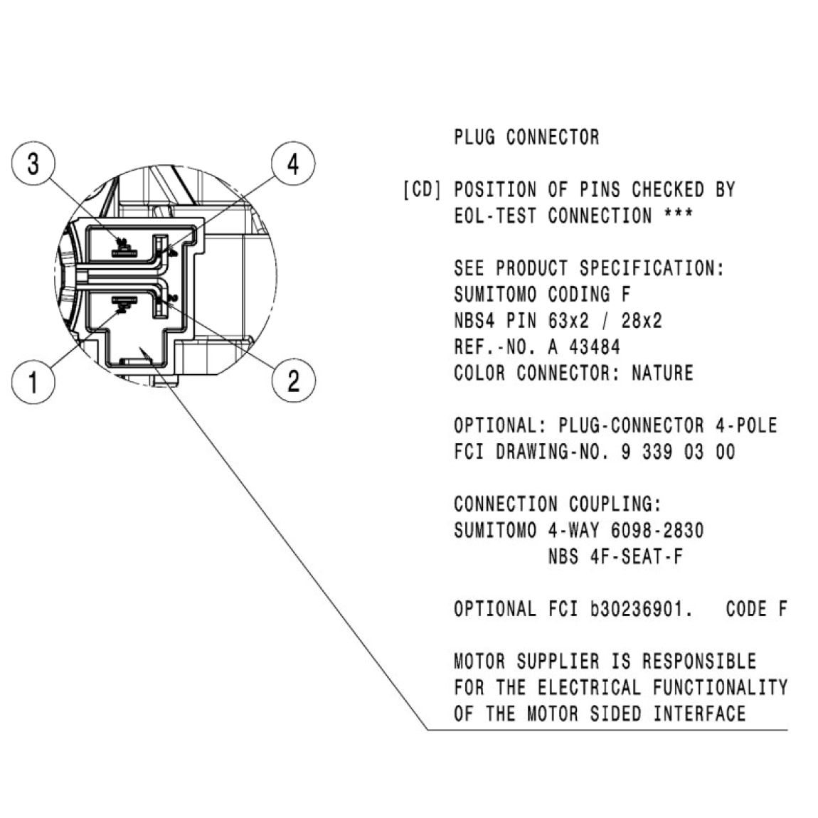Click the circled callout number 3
pos(33,164)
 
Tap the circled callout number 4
pos(293,164)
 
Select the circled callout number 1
pos(33,381)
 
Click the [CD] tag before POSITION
pos(422,189)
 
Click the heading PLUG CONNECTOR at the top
pos(526,137)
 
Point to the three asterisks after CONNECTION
pos(678,213)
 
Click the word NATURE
pos(662,373)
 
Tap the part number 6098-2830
pos(657,531)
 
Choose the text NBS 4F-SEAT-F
pos(615,557)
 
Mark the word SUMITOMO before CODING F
pos(495,294)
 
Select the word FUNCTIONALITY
pos(720,687)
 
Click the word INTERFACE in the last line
pos(700,713)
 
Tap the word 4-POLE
pos(746,425)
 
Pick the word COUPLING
pos(615,504)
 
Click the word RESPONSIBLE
pos(699,661)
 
